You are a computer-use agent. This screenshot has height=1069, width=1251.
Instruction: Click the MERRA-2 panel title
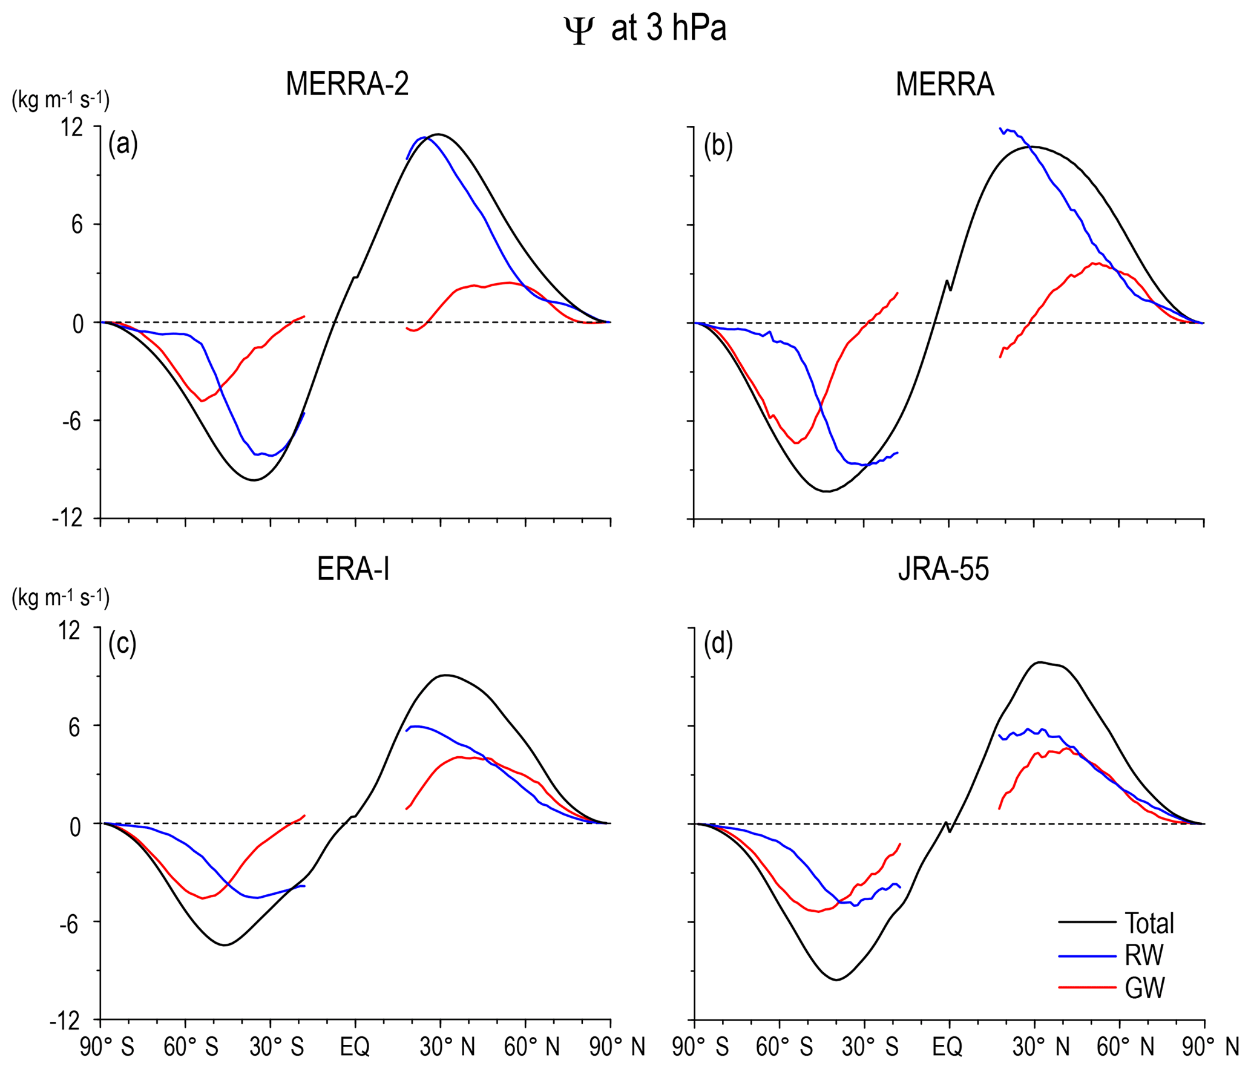347,84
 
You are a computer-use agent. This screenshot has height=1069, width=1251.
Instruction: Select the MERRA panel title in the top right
945,84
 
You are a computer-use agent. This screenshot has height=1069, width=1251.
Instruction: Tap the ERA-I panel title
353,569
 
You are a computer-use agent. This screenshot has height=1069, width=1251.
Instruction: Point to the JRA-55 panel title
944,569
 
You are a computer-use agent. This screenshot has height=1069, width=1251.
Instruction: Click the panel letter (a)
123,145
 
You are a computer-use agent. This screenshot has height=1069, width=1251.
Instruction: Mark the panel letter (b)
718,146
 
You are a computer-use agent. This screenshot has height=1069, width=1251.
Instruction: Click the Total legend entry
1149,923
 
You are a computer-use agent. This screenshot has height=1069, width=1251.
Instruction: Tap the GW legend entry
1144,987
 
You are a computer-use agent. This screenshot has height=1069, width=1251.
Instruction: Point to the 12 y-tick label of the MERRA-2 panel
71,127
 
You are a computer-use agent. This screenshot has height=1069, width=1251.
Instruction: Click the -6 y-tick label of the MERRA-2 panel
71,421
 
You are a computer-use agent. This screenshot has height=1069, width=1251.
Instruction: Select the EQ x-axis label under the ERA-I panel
355,1046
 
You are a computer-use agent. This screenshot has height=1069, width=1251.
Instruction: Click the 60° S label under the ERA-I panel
191,1046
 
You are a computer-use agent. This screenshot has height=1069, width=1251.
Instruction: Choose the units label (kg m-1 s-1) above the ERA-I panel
61,598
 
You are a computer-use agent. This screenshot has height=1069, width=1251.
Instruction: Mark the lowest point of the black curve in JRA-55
837,979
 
